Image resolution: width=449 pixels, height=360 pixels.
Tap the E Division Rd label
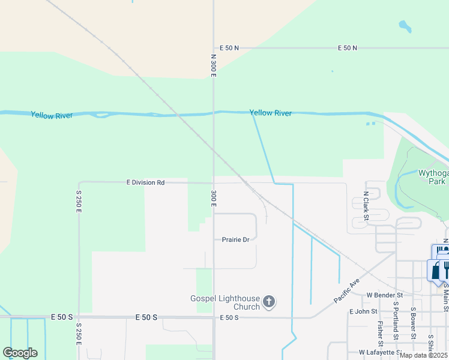(145, 182)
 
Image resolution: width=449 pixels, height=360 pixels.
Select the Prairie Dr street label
(235, 239)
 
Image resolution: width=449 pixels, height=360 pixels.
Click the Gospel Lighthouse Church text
(225, 302)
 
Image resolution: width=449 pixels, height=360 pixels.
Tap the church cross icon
(269, 302)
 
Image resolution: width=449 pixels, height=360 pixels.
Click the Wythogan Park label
(433, 176)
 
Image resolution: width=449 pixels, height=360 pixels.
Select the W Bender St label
(384, 295)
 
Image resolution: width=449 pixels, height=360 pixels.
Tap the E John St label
(363, 311)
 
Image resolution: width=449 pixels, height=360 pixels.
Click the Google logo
(20, 353)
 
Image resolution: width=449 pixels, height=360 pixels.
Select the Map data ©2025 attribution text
(423, 355)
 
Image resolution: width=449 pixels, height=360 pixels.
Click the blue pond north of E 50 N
(405, 26)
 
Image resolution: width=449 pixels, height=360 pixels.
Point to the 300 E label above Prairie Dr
(213, 200)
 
